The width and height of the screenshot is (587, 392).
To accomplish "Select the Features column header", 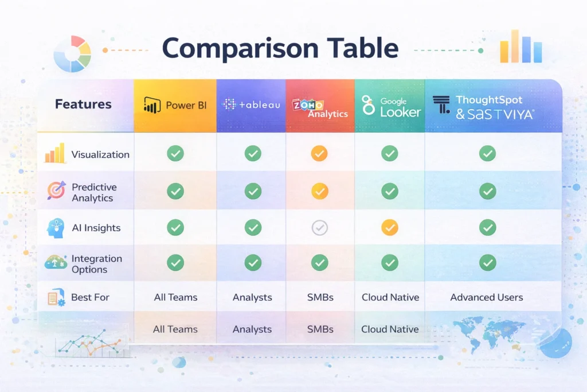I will (83, 104).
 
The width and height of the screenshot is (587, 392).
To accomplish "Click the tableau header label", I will (259, 104).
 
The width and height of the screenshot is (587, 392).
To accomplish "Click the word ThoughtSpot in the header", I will (489, 100).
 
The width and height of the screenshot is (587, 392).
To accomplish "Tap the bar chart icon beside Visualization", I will (54, 154).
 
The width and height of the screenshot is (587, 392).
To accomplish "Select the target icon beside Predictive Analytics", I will (56, 191).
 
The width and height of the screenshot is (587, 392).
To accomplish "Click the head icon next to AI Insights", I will (56, 228).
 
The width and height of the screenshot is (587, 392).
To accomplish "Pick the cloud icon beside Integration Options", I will (56, 263).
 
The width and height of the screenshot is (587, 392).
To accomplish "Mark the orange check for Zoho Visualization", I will (319, 154).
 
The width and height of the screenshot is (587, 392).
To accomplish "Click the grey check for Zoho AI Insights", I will (319, 228).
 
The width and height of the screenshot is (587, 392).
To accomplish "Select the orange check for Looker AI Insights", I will (390, 228).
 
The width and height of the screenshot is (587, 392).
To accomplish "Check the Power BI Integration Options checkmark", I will (175, 263).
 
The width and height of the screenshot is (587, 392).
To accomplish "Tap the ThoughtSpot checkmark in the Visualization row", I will (487, 154).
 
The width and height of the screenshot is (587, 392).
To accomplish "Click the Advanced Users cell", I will (487, 297).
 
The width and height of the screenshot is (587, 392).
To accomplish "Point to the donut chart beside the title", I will (72, 53).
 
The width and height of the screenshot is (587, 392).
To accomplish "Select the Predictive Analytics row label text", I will (93, 192).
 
